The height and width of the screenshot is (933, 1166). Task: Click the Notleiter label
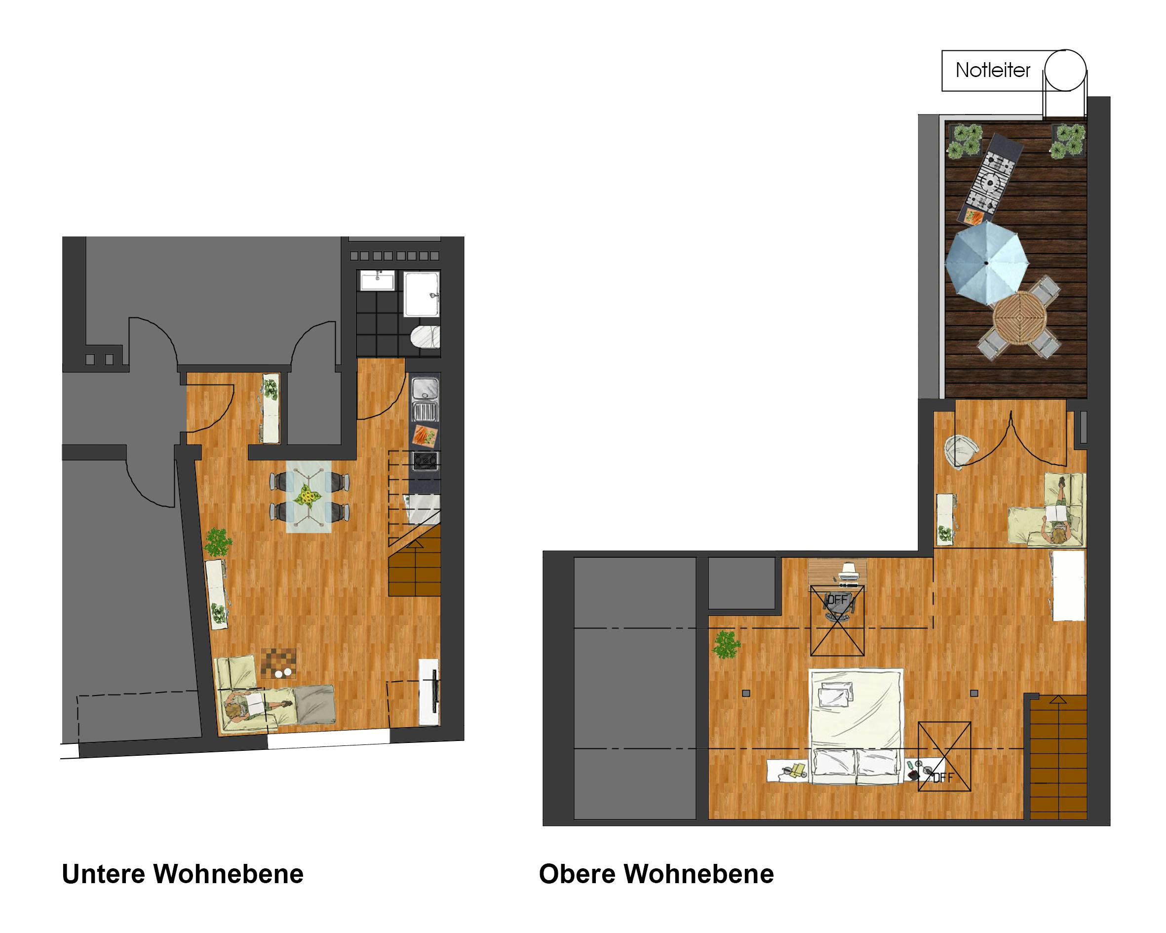(x=992, y=70)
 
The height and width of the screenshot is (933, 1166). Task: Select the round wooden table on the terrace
(x=1020, y=317)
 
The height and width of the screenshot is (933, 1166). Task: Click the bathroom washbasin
(x=378, y=281)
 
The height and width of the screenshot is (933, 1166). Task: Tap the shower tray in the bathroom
(x=422, y=294)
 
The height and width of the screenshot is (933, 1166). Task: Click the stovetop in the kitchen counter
(x=425, y=461)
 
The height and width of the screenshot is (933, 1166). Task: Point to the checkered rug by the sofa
(x=278, y=663)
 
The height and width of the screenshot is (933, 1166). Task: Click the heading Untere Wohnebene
(x=183, y=874)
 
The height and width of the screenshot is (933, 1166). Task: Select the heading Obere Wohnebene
(x=656, y=874)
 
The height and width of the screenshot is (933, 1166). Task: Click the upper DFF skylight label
(x=837, y=599)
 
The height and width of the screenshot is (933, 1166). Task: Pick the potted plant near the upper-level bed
(x=726, y=644)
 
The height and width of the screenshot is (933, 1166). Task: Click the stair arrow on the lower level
(x=415, y=544)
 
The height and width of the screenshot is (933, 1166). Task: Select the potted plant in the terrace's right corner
(x=1068, y=141)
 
